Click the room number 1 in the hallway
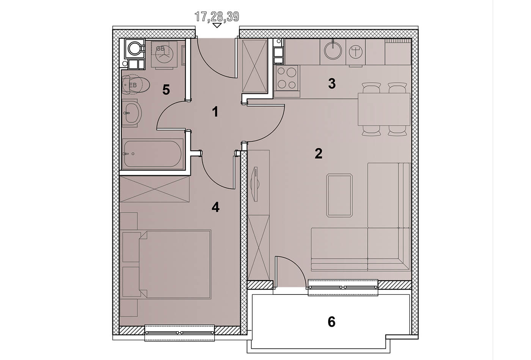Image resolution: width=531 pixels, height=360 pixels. point(215,112)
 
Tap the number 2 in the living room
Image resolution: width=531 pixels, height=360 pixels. point(318,153)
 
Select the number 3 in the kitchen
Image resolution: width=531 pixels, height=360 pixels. point(332,84)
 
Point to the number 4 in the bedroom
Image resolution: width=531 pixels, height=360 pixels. point(215,207)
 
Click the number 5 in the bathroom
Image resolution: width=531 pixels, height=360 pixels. point(166,90)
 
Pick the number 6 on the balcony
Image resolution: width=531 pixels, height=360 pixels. point(331,322)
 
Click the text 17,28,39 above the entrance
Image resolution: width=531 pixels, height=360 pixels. point(217,17)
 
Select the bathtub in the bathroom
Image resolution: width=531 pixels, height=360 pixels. point(152,154)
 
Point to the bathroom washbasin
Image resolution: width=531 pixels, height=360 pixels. point(132,113)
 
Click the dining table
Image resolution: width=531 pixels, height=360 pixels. point(384,109)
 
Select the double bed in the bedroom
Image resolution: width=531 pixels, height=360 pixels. point(175,265)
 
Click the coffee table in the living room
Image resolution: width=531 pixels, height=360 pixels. point(339,196)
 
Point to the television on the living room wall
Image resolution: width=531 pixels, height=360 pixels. point(255,184)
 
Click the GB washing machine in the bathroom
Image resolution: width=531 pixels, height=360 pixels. point(164,55)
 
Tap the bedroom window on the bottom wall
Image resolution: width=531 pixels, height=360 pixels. point(179,333)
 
